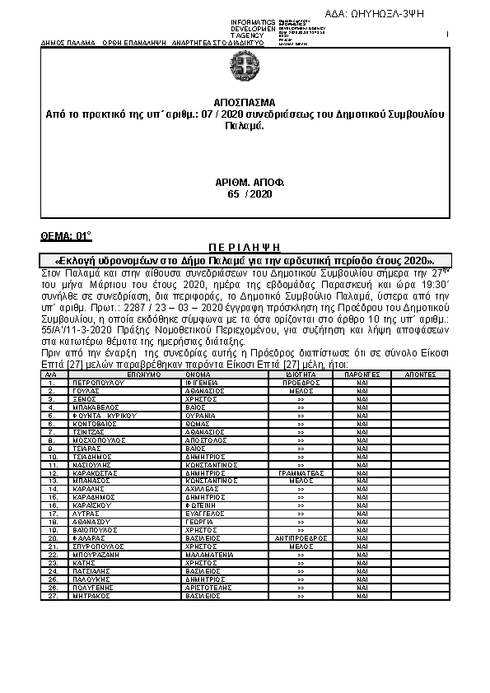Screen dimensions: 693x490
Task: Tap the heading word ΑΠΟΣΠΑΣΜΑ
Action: (x=245, y=108)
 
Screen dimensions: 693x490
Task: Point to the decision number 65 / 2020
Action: (x=245, y=193)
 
